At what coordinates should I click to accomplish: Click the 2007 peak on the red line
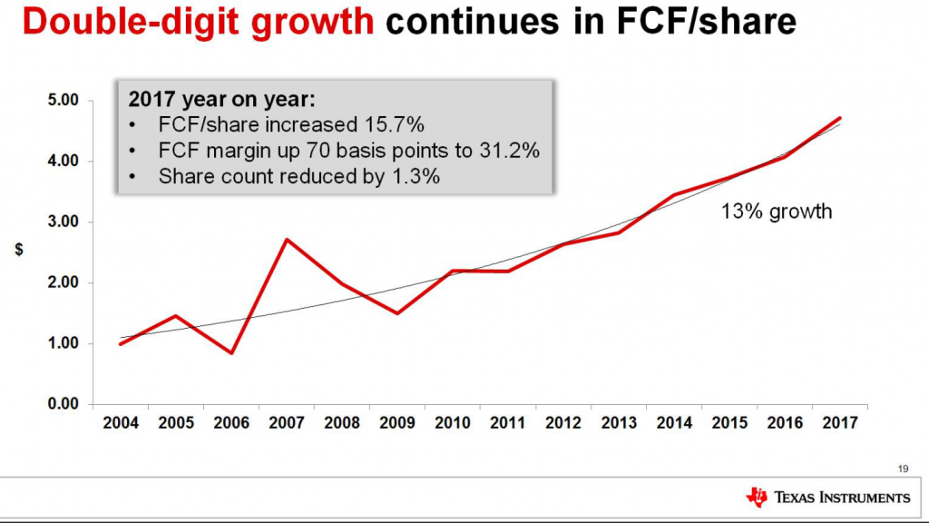click(x=286, y=240)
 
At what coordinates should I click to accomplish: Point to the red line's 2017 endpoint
click(x=841, y=118)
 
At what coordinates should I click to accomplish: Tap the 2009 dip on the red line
click(x=396, y=313)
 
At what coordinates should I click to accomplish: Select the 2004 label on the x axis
click(x=121, y=423)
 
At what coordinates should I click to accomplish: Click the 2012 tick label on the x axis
click(x=563, y=423)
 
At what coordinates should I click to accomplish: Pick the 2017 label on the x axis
click(x=840, y=423)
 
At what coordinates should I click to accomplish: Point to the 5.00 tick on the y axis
click(x=64, y=100)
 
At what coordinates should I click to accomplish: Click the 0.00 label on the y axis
click(x=64, y=404)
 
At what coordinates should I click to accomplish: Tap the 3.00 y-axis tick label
click(x=64, y=222)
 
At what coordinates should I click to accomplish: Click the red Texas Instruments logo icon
click(x=756, y=497)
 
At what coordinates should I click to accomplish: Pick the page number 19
click(x=902, y=469)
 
